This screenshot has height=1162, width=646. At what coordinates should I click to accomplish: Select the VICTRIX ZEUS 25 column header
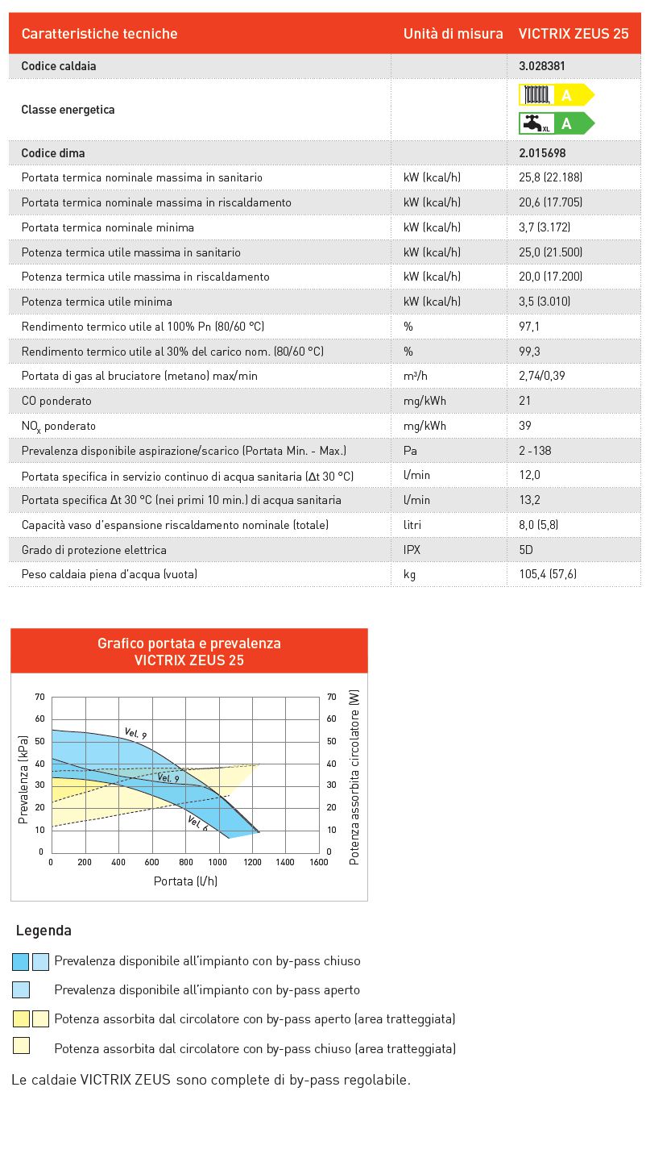[573, 34]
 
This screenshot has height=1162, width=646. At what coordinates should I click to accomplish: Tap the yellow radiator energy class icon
[556, 95]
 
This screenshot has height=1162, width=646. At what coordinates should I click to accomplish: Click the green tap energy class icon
[556, 123]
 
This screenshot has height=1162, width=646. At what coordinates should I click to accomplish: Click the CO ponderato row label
[56, 401]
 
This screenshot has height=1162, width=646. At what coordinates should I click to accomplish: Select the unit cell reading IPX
[412, 550]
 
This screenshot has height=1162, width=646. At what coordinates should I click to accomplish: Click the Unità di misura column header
[453, 34]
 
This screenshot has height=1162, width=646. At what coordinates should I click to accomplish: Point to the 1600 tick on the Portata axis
[318, 862]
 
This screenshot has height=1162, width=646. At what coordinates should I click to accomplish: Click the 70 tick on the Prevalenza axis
[39, 697]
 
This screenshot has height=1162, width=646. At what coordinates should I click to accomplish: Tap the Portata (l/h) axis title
[185, 881]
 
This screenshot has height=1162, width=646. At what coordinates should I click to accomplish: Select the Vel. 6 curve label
[197, 823]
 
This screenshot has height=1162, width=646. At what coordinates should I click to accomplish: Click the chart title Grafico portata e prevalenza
[189, 643]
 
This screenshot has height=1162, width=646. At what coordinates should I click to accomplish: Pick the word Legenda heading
[43, 931]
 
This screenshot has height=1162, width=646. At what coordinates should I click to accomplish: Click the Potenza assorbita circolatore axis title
[354, 777]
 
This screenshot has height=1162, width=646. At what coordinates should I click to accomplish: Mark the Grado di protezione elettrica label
[94, 550]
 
